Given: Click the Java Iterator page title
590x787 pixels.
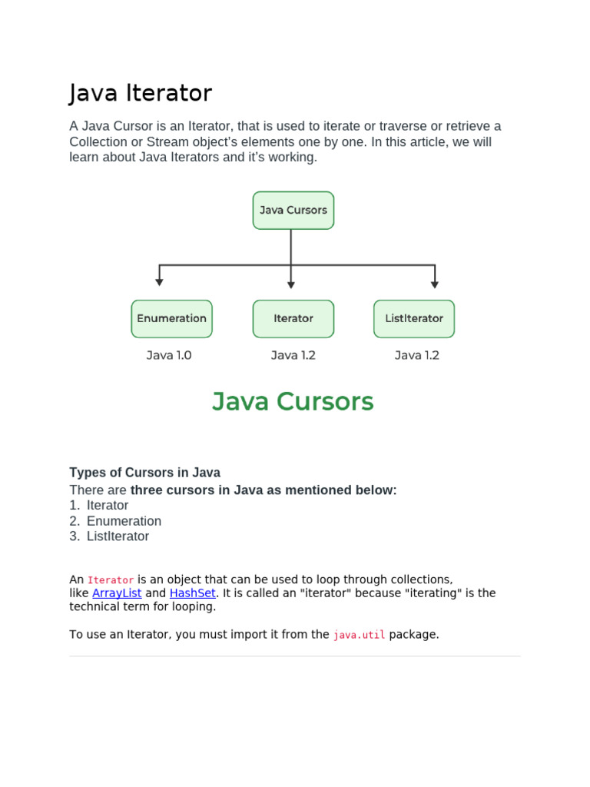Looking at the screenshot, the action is tap(141, 93).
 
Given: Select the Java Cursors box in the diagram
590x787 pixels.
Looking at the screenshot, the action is tap(293, 210).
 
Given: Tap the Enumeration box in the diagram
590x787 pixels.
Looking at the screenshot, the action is tap(171, 318).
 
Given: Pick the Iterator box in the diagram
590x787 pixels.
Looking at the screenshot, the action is tap(293, 318).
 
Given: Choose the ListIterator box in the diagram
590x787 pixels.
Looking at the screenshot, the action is tap(414, 318).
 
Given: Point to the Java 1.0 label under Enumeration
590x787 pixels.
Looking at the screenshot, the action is tap(169, 355).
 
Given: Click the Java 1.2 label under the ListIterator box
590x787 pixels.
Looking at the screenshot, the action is tap(416, 355).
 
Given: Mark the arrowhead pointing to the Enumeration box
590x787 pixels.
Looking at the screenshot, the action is tap(159, 283).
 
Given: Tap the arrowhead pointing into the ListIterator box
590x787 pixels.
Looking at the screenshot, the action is tap(435, 284).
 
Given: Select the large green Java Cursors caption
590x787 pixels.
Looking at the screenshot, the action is tap(293, 401).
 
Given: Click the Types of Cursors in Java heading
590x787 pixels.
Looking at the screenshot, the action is tap(144, 473).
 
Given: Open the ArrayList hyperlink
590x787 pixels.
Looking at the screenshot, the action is tap(117, 593).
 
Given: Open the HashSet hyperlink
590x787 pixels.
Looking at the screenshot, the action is tap(192, 593).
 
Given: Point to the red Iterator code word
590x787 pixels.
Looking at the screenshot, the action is tap(111, 580).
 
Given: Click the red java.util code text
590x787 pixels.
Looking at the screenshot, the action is tap(359, 635).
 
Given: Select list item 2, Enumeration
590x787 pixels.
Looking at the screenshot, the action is tap(124, 521).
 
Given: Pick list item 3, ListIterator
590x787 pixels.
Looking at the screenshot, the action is tap(118, 536).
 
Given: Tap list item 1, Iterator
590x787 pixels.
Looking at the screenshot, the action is tap(108, 506).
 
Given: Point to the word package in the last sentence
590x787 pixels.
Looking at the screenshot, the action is tap(414, 635).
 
